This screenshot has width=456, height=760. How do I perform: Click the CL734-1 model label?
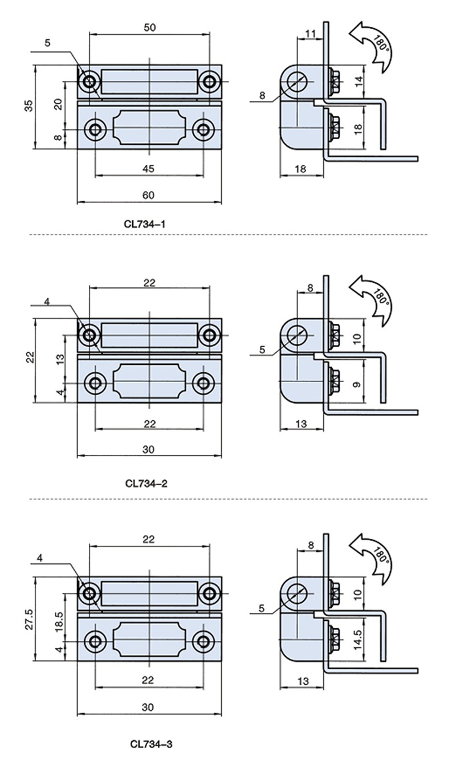tap(145, 224)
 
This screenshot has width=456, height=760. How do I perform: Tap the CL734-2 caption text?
tap(146, 483)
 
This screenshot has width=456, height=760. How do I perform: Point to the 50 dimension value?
tap(149, 27)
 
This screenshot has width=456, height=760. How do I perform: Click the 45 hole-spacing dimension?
tap(148, 169)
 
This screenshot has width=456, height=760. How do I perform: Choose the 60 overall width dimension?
tap(148, 195)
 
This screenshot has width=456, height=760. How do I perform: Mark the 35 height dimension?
tap(30, 105)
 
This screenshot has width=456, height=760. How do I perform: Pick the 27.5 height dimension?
tap(29, 619)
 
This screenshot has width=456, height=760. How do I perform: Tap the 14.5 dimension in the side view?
tap(359, 640)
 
